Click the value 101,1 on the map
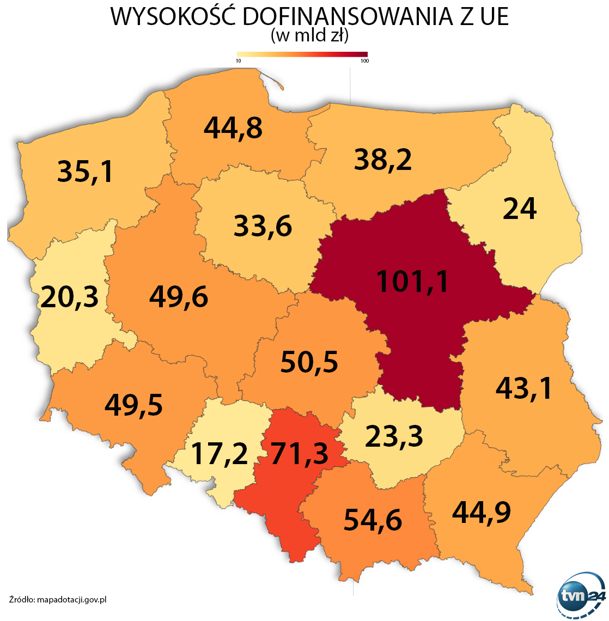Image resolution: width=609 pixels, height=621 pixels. [412, 281]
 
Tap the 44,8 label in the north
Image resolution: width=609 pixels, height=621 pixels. [233, 127]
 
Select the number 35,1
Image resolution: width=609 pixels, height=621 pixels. [86, 171]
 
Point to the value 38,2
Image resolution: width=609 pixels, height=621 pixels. [383, 160]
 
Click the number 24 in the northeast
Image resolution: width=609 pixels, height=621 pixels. [520, 209]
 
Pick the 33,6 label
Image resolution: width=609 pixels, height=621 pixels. [263, 226]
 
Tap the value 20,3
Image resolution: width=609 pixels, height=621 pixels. [70, 297]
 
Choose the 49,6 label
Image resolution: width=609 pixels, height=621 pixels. [179, 297]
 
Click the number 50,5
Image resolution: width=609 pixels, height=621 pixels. [309, 362]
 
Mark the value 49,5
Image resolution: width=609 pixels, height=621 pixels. [134, 405]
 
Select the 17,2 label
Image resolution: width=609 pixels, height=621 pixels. [220, 454]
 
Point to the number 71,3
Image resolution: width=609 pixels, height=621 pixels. [300, 454]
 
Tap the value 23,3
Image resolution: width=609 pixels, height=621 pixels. [394, 436]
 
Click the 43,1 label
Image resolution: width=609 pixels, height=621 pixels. [524, 388]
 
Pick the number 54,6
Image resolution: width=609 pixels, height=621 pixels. [373, 520]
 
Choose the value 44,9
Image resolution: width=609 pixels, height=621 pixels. [482, 512]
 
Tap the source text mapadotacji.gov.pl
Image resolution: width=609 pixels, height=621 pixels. [71, 600]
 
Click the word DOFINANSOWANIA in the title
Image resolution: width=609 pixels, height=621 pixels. [348, 16]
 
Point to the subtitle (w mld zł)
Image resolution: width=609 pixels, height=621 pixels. [309, 36]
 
